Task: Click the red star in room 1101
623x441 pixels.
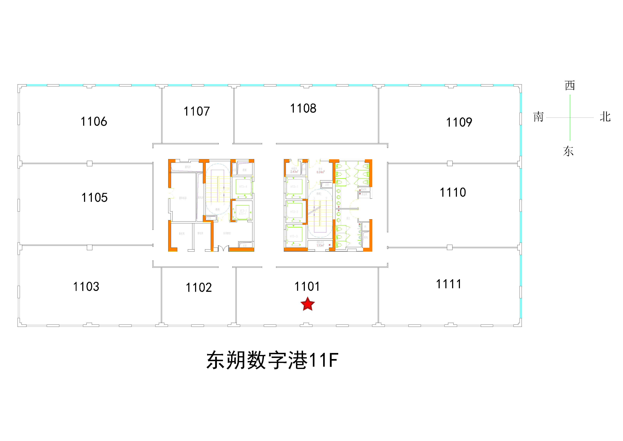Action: point(308,304)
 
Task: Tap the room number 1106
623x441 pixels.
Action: point(94,121)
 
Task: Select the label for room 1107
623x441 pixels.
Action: point(197,111)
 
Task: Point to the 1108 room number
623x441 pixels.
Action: point(303,108)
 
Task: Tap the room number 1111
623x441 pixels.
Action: point(449,284)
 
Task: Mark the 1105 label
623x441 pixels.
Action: point(95,197)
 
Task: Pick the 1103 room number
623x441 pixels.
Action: point(86,286)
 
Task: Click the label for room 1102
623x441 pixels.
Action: point(199,287)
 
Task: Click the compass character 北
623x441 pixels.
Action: point(605,117)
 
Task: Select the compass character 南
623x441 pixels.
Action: point(538,117)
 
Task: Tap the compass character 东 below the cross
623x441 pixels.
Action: point(568,151)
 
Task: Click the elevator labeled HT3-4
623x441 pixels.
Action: point(243,187)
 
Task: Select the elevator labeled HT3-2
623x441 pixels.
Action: point(294,212)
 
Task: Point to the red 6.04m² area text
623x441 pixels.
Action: point(320,172)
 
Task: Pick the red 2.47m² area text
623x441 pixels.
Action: point(294,172)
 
